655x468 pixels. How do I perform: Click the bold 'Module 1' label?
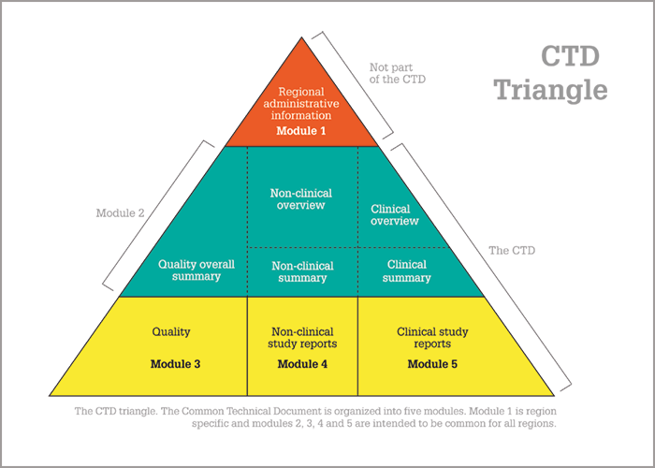pos(300,131)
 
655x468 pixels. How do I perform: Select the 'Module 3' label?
pos(175,364)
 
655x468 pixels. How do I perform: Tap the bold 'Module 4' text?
pos(302,364)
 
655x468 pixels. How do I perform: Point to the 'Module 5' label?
pos(432,364)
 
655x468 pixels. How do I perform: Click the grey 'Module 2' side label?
pos(120,212)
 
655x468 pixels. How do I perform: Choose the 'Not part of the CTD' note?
pos(398,73)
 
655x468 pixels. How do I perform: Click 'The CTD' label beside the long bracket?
pos(512,250)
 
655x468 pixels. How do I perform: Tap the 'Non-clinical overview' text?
pos(300,198)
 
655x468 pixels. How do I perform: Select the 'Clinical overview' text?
pos(394,214)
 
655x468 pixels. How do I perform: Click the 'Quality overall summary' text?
pos(196,271)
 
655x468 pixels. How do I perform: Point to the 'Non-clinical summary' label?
pos(302,271)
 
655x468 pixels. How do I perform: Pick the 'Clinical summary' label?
pos(406,271)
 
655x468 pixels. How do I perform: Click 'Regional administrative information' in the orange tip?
pos(300,103)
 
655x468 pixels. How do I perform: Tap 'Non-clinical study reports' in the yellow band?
pos(302,338)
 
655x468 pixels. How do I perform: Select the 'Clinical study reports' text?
pos(432,338)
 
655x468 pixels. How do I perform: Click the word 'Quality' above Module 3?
pos(171,331)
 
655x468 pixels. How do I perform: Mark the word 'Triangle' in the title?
pos(551,91)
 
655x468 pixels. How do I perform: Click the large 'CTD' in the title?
pos(571,56)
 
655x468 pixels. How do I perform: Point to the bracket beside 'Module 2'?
pos(158,215)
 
